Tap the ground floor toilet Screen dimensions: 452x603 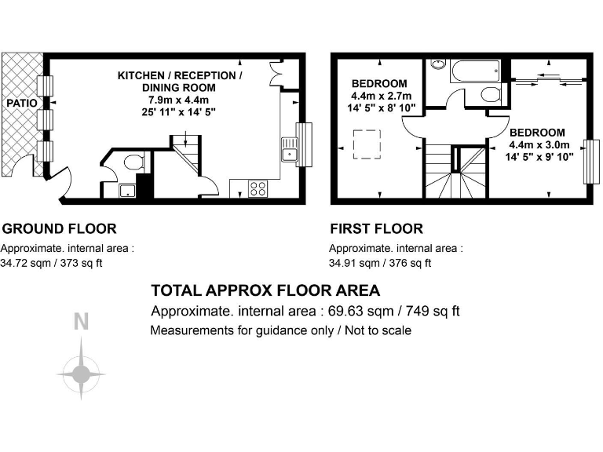pos(133,163)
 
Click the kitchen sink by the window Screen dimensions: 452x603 pos(289,149)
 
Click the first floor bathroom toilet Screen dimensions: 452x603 pos(491,96)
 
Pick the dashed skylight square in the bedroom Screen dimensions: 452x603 pos(367,147)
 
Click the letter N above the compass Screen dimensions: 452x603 pos(80,321)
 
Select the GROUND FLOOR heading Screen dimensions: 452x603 pos(60,229)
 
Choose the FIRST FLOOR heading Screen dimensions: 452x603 pos(376,229)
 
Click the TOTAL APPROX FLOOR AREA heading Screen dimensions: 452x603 pos(265,290)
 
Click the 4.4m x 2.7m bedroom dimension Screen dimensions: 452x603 pos(379,96)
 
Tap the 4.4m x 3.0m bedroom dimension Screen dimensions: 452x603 pos(536,144)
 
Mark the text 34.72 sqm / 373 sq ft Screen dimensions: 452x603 pos(52,263)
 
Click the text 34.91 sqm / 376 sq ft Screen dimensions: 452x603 pos(380,263)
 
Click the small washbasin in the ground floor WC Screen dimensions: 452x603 pos(125,190)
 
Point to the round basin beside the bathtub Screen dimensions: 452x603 pos(438,64)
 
